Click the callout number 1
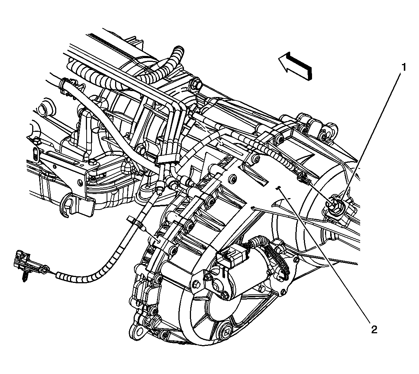pos(404,67)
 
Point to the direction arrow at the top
pos(295,66)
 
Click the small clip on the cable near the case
pos(135,223)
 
